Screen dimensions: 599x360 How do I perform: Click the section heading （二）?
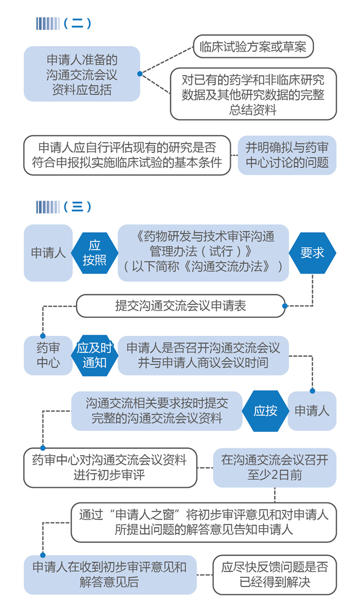[77, 24]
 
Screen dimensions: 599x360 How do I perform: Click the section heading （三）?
[77, 207]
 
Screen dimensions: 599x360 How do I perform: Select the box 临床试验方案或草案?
[253, 47]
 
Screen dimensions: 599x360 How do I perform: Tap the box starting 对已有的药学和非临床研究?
[253, 95]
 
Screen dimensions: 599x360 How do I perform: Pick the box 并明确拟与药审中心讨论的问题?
[287, 155]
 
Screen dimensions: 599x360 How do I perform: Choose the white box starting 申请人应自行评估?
[127, 155]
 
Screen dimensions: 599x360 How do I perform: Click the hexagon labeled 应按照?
[95, 252]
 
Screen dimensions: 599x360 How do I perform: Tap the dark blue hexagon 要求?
[312, 252]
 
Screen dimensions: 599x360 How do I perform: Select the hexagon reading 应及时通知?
[95, 355]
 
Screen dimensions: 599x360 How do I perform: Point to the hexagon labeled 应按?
[265, 411]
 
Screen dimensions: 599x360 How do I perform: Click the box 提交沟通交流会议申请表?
[181, 306]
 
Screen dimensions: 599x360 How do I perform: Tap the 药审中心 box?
[48, 355]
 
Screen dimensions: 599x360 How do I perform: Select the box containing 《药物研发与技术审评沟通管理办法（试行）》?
[203, 252]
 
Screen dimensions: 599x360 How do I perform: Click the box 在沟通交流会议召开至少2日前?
[275, 467]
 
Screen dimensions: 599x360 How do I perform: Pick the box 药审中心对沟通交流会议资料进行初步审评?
[110, 467]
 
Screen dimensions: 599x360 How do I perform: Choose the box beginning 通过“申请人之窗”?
[204, 522]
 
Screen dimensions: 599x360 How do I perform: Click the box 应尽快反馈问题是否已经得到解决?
[275, 574]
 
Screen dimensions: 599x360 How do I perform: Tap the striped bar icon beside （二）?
[48, 24]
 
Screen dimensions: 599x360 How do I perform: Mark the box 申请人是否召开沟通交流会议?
[203, 355]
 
